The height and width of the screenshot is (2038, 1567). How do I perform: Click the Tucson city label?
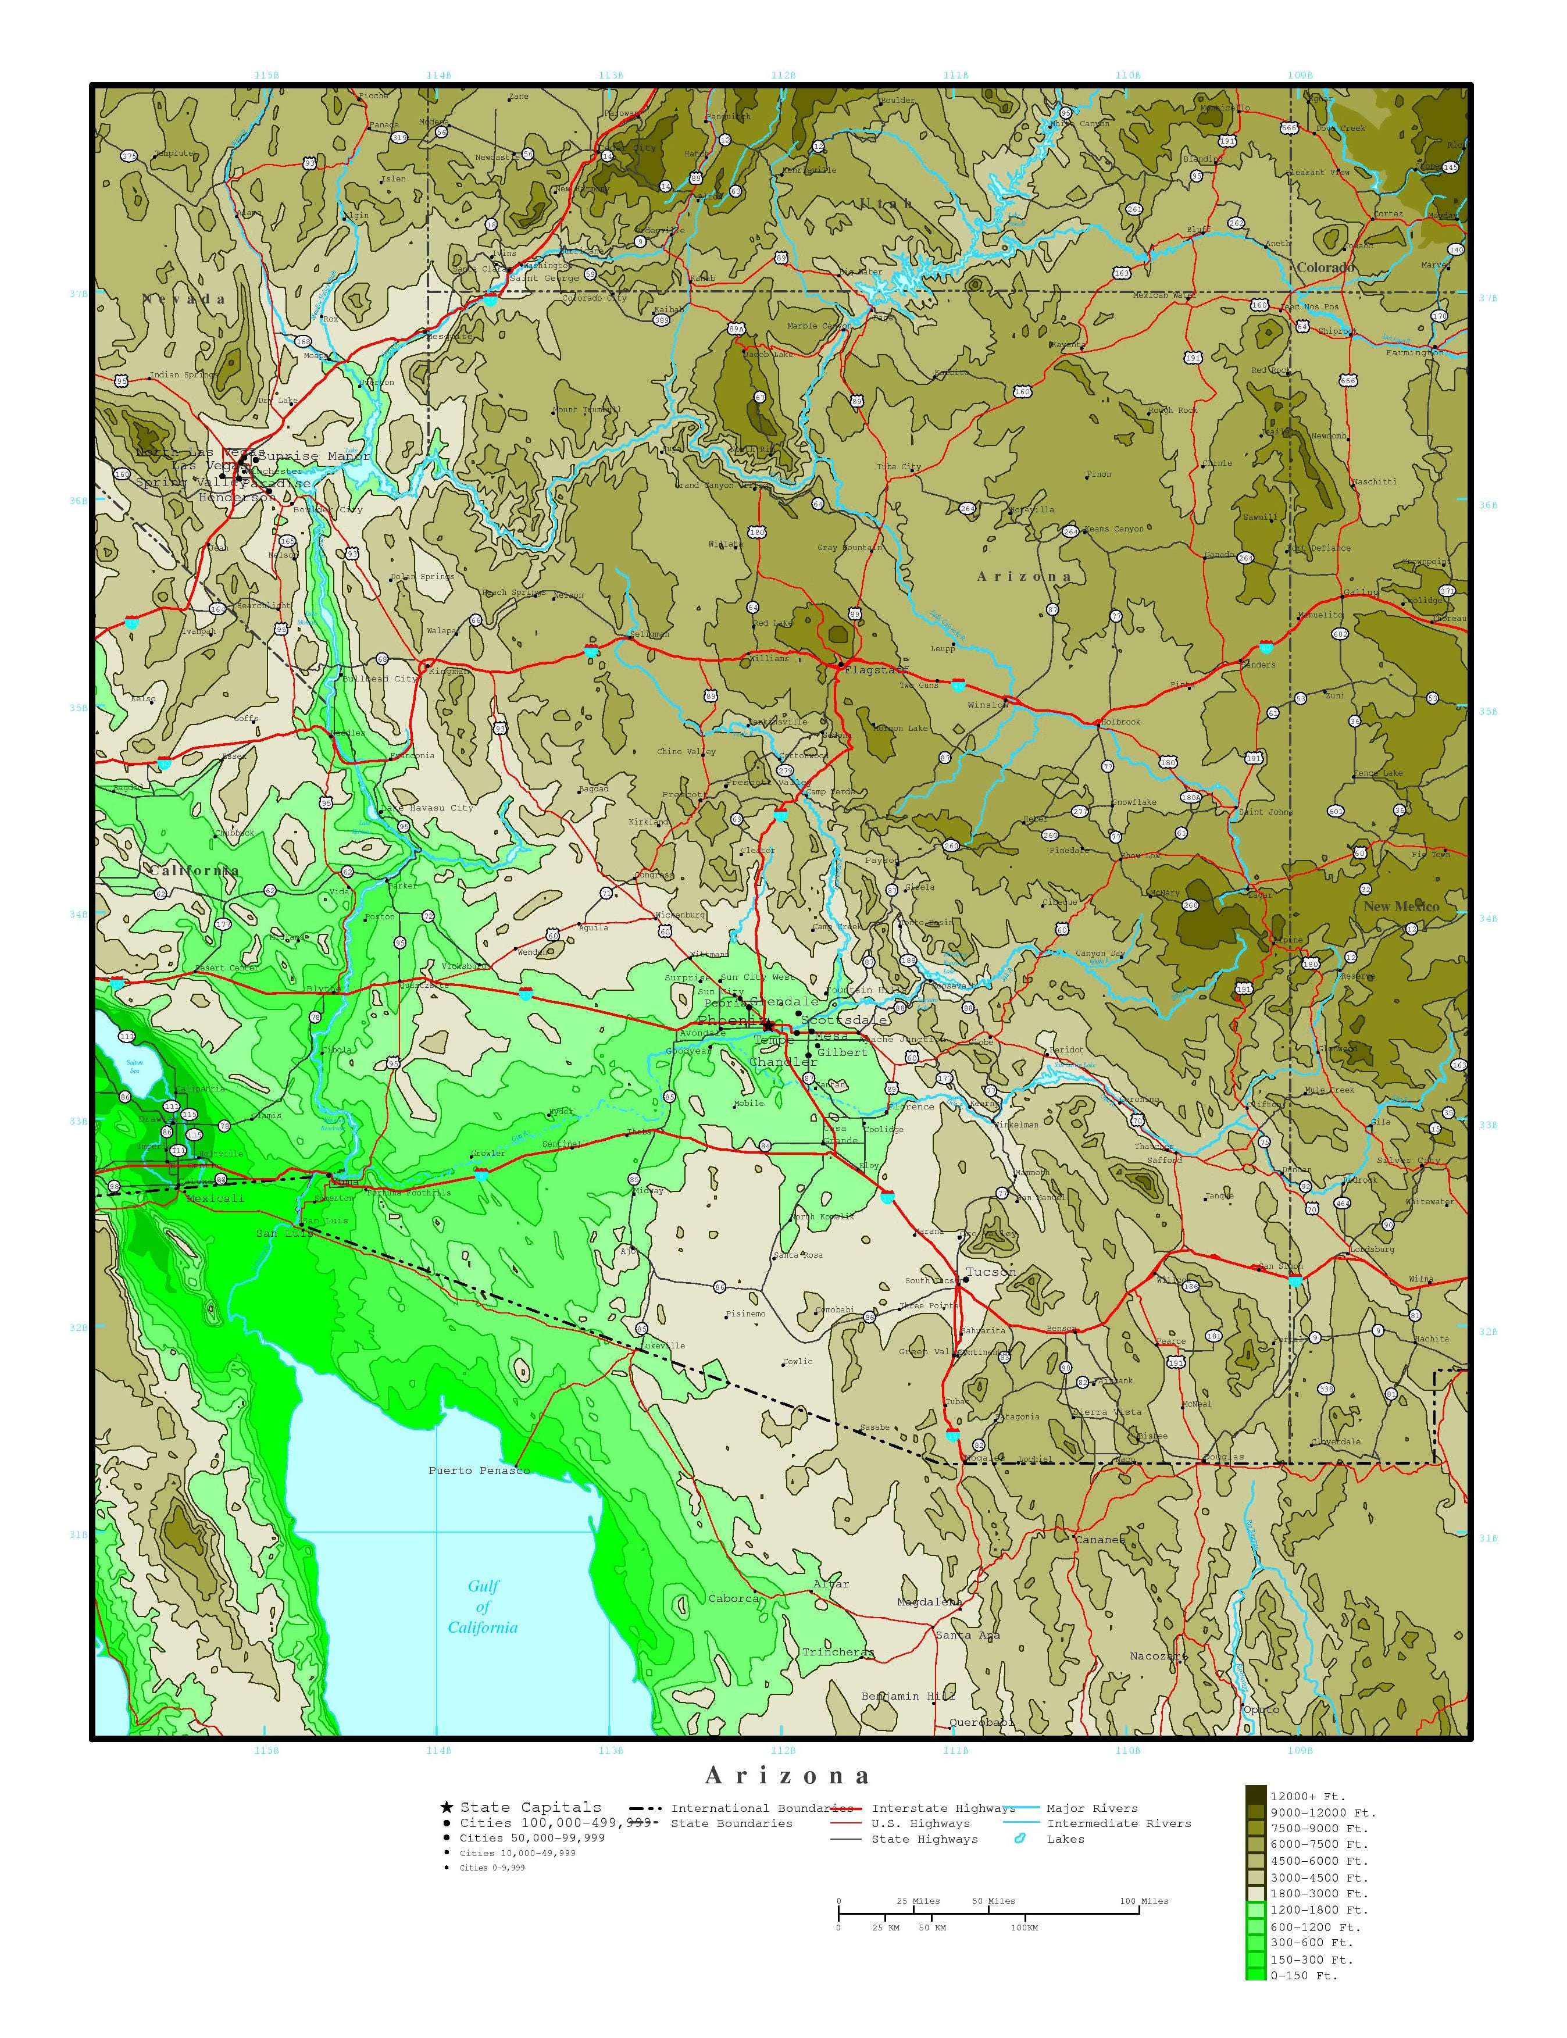(x=991, y=1271)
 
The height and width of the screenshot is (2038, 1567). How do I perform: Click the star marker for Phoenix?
(x=768, y=1024)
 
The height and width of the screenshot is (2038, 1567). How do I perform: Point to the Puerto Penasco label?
(x=479, y=1471)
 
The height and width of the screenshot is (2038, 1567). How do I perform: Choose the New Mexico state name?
(x=1401, y=906)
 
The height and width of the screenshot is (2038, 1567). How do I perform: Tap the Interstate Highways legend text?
(x=943, y=1808)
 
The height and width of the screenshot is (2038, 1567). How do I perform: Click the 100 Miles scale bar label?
(x=1144, y=1901)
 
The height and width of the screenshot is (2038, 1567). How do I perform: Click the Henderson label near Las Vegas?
(x=237, y=497)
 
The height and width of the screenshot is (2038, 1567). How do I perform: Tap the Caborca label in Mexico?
(x=733, y=1598)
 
